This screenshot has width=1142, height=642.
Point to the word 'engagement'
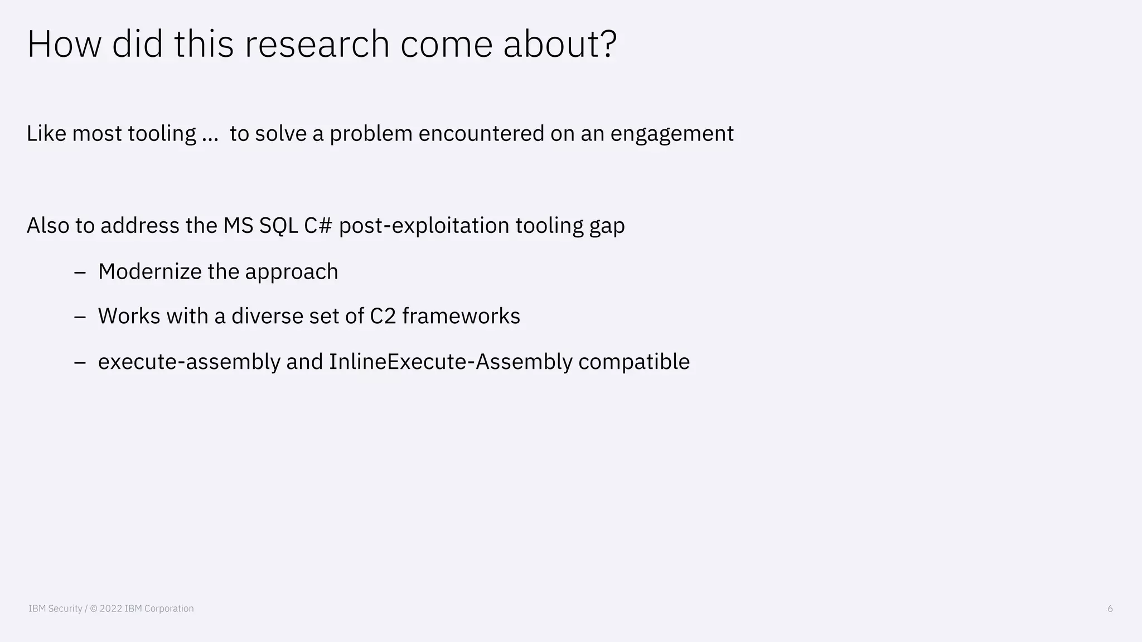tap(672, 134)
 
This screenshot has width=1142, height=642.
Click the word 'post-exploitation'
tap(424, 226)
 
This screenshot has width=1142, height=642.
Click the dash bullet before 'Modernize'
tap(80, 272)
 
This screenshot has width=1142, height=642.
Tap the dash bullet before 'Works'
tap(80, 317)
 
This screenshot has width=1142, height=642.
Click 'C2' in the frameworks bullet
tap(383, 316)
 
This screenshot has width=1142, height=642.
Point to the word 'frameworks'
tap(461, 316)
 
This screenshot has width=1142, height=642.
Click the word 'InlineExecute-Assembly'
tap(451, 362)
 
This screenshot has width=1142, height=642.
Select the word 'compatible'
tap(634, 362)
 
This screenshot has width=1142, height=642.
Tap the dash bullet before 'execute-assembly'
tap(80, 362)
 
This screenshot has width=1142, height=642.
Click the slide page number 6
tap(1110, 609)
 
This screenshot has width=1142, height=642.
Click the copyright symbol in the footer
tap(93, 609)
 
